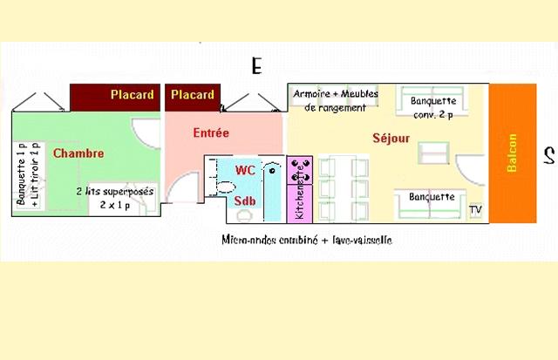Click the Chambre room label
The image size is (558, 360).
(78, 153)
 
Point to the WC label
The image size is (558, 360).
(246, 170)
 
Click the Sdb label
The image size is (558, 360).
(245, 202)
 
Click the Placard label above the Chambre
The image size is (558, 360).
(133, 94)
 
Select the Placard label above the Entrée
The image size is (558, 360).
(192, 94)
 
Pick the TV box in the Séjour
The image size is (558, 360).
(475, 210)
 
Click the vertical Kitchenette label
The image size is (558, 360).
(300, 196)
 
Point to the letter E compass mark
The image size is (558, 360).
(255, 65)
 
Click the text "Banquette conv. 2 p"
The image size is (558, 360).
(432, 107)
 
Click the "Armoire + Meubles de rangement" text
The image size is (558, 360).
(336, 99)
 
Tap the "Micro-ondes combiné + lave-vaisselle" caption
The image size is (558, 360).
(305, 239)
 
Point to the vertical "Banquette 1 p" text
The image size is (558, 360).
(21, 173)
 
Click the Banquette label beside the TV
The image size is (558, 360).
(432, 197)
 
